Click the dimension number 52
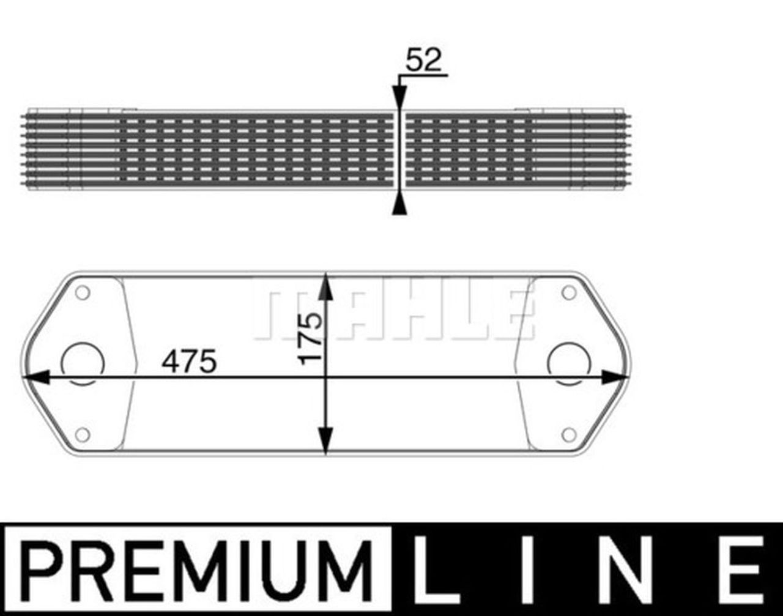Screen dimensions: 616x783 coord(423,61)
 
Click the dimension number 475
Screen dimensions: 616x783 coord(189,362)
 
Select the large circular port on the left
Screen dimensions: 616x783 coord(83,363)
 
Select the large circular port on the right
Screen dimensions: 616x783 coord(569,363)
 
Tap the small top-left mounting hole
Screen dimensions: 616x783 coord(83,292)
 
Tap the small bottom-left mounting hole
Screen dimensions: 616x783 coord(83,435)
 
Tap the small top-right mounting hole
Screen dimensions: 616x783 coord(569,292)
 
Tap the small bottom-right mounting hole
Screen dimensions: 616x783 coord(569,435)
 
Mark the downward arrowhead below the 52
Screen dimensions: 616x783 coord(399,98)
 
